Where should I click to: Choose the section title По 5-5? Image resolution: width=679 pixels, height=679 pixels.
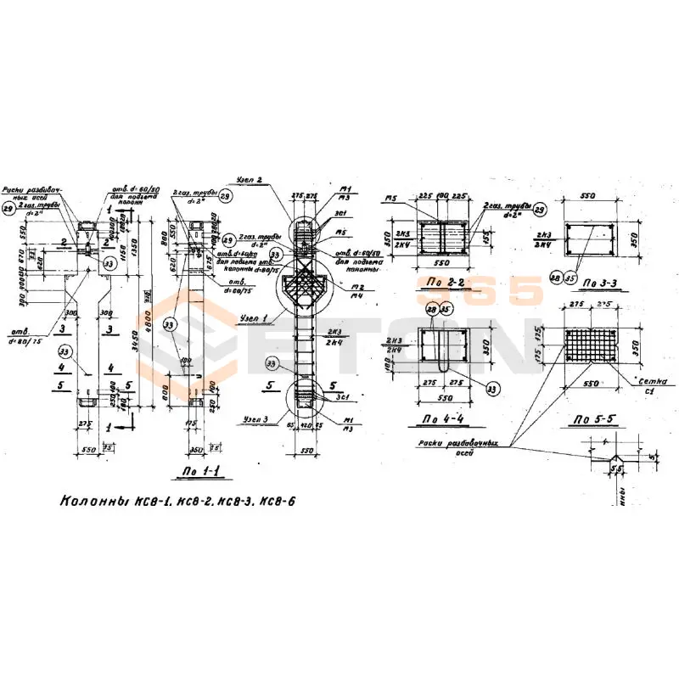tap(592, 418)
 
